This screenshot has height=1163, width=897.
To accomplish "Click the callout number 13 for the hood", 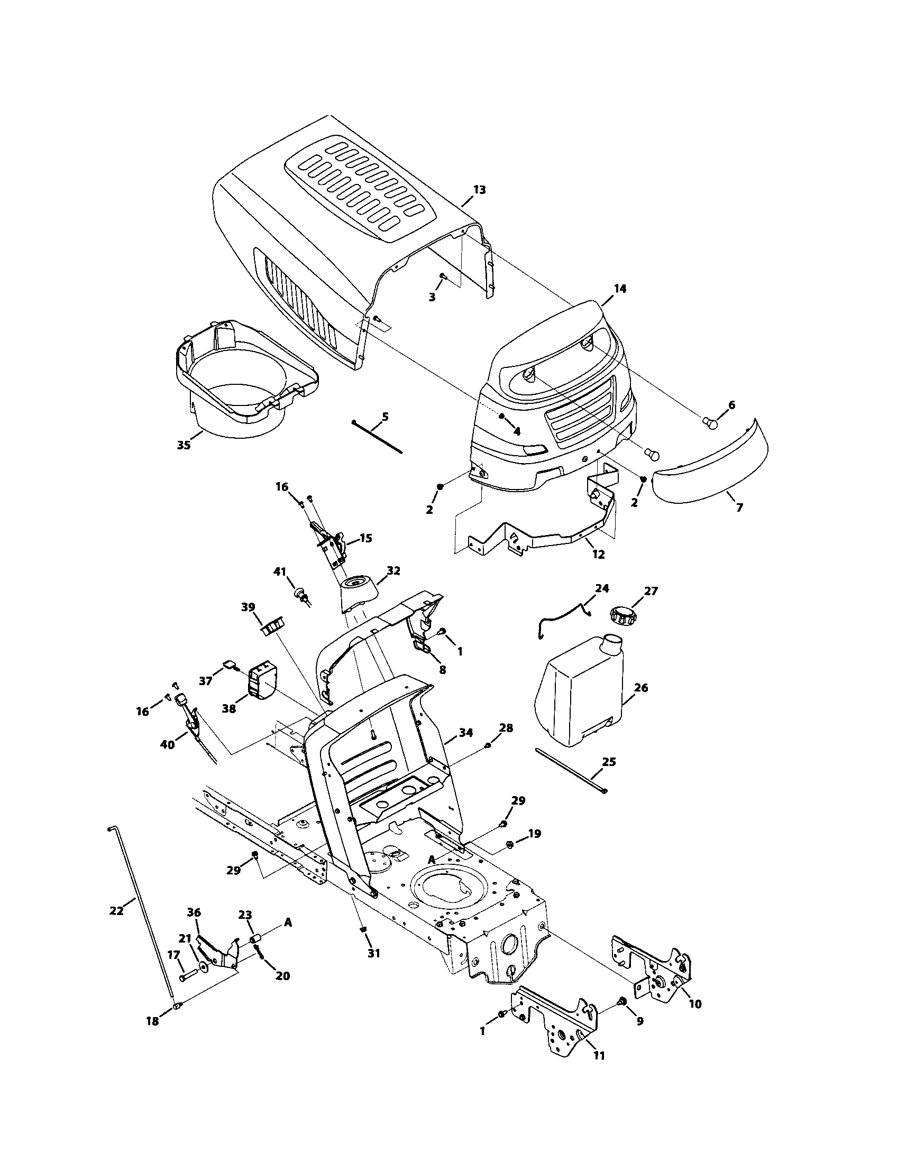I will pos(479,190).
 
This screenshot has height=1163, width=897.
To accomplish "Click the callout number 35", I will pos(183,445).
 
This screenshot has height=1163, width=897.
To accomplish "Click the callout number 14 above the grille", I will pos(620,289).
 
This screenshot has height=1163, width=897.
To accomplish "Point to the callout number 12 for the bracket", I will pos(599,555).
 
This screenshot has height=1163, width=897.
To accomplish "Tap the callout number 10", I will pos(695,1004).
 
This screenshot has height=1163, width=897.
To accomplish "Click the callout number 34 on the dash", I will pos(465,733).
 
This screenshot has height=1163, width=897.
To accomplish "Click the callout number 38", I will pos(229,709).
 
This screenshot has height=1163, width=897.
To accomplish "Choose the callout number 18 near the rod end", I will pos(152,1022).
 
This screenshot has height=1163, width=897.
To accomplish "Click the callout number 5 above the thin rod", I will pos(385,417).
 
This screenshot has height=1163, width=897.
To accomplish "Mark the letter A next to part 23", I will pos(287,922).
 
